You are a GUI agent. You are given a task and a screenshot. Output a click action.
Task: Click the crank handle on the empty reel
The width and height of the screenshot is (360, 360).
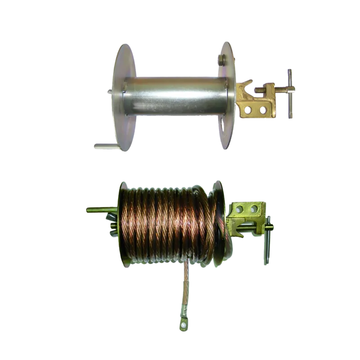105,146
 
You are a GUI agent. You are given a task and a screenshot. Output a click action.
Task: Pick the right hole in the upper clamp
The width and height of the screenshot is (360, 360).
263,108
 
